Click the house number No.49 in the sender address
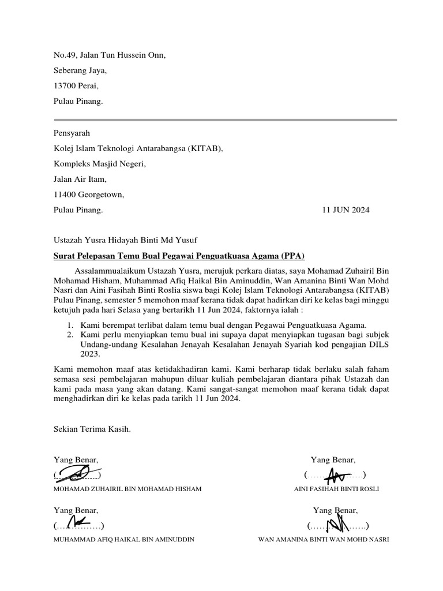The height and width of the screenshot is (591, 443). click(x=64, y=55)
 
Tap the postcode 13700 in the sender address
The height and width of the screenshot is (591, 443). click(x=65, y=86)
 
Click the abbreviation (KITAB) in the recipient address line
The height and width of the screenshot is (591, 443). click(x=204, y=148)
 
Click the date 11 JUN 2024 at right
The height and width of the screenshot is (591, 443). click(x=346, y=210)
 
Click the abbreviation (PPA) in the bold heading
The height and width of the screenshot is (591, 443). click(x=292, y=255)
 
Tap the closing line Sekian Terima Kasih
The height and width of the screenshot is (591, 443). click(x=92, y=429)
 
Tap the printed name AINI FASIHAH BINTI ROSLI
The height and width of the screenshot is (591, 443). click(x=336, y=489)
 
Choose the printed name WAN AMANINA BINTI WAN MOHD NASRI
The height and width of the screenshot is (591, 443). click(x=323, y=540)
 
